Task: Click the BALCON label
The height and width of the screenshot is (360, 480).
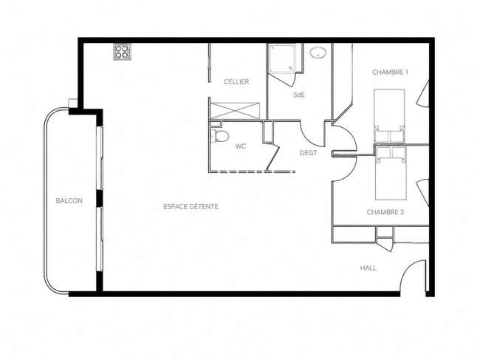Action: tap(69, 200)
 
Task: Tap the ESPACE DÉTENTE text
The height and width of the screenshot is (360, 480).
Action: tap(191, 206)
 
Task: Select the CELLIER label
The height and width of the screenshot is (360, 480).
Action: tap(236, 82)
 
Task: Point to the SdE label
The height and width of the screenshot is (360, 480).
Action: tap(299, 95)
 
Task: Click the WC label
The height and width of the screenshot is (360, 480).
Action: tap(241, 146)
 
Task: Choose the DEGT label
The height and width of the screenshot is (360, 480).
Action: tap(308, 153)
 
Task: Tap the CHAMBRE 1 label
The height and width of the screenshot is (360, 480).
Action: tap(390, 72)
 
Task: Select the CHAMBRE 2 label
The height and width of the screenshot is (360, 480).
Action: tap(385, 212)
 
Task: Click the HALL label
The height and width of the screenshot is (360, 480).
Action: tap(368, 268)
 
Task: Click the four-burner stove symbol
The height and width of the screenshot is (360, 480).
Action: tap(122, 52)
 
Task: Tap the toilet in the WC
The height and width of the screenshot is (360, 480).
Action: tap(219, 136)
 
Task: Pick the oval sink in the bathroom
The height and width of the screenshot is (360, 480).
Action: tap(318, 52)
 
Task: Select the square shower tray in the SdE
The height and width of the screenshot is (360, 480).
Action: tap(282, 58)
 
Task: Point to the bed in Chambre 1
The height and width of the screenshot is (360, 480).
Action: tap(389, 116)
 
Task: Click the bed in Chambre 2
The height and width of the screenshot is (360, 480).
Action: tap(391, 174)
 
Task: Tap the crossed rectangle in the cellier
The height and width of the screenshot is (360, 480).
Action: tap(235, 111)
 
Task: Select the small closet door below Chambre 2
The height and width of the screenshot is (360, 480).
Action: tap(385, 245)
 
